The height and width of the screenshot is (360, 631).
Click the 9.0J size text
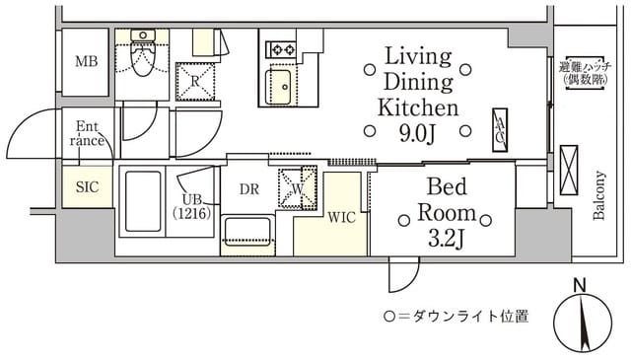click(418, 131)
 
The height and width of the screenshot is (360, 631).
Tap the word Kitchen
click(419, 107)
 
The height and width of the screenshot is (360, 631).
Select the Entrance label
click(86, 134)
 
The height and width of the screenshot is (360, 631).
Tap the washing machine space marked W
click(294, 185)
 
